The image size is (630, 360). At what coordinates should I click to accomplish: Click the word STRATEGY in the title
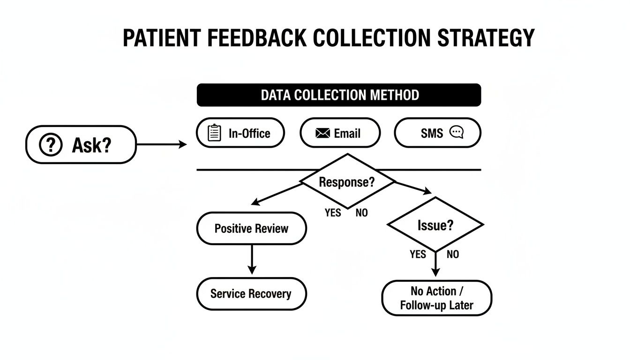[486, 37]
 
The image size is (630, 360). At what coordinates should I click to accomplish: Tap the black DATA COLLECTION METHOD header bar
[339, 95]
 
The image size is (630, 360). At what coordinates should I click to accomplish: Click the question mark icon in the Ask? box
[51, 145]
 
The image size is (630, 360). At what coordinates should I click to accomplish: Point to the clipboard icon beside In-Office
[214, 133]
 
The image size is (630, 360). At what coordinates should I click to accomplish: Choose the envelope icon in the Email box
[323, 134]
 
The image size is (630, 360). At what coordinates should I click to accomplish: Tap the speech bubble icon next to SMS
[456, 133]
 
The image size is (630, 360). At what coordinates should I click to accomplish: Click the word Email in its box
[347, 134]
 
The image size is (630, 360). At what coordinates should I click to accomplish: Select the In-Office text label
[249, 134]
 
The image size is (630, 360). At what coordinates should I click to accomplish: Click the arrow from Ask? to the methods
[162, 145]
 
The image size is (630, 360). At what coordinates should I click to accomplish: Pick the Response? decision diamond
[347, 182]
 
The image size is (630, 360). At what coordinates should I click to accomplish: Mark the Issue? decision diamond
[435, 225]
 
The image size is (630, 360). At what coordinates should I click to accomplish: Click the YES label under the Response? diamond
[333, 213]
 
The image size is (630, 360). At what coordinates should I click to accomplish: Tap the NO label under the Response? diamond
[361, 213]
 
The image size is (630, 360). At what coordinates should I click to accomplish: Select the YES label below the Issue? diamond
[418, 255]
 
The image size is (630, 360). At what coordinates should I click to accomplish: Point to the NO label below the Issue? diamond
[453, 255]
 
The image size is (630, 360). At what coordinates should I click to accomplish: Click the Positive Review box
[251, 229]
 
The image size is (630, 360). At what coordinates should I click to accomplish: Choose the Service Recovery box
[251, 294]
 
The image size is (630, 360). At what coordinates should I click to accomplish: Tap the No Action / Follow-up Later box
[436, 298]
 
